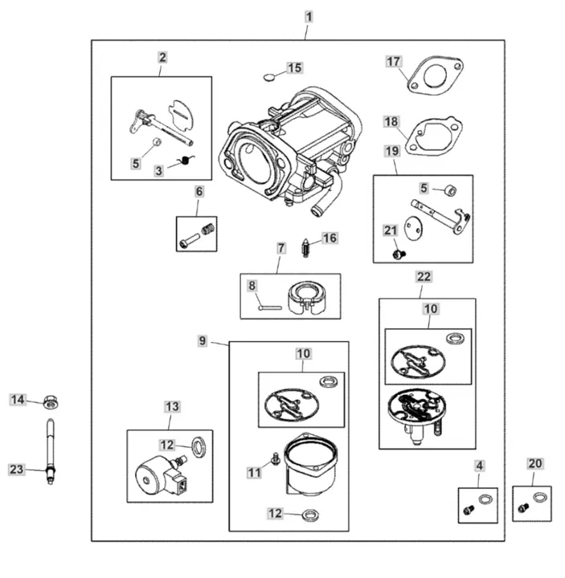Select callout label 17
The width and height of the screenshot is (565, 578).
pyautogui.click(x=393, y=61)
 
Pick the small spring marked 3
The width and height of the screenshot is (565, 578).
pyautogui.click(x=186, y=161)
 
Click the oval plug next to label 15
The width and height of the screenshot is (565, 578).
pyautogui.click(x=270, y=78)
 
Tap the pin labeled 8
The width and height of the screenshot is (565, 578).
pyautogui.click(x=269, y=304)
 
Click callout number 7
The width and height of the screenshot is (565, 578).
pyautogui.click(x=281, y=248)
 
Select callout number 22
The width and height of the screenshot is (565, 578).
pyautogui.click(x=424, y=276)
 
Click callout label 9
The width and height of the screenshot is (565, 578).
pyautogui.click(x=203, y=341)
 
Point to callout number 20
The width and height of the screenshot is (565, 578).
pyautogui.click(x=535, y=463)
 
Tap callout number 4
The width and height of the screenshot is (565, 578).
pyautogui.click(x=479, y=465)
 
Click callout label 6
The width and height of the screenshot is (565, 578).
pyautogui.click(x=199, y=191)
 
